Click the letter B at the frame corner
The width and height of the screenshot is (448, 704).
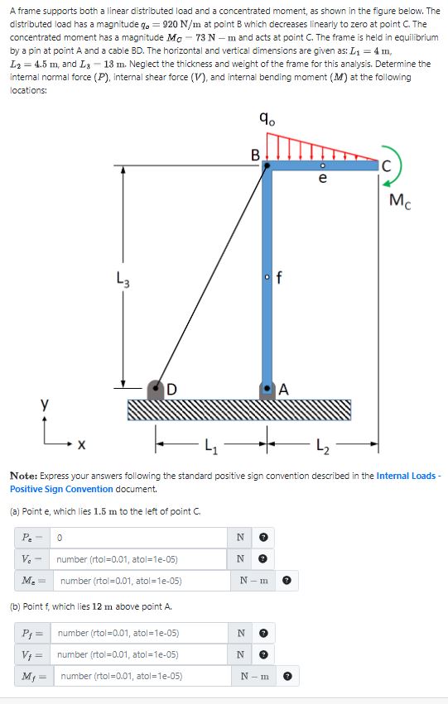tap(256, 154)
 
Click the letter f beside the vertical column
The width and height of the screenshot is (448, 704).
tap(280, 277)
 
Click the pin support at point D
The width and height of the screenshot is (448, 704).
tap(157, 389)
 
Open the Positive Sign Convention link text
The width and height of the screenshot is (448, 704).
tap(66, 489)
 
